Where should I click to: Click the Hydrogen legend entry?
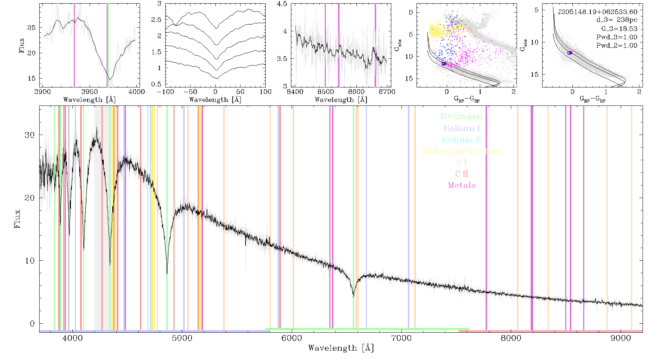tap(461, 116)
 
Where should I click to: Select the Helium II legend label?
tap(462, 140)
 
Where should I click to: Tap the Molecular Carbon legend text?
tap(462, 151)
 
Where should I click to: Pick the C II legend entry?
tap(462, 174)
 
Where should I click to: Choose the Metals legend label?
tap(462, 185)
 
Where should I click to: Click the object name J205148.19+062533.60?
tap(598, 12)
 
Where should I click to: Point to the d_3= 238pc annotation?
tap(617, 20)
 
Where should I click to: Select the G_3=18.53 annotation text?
tap(619, 28)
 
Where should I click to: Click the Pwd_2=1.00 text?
tap(617, 45)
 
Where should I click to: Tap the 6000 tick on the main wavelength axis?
tap(292, 338)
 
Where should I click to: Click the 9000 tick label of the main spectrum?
tap(621, 338)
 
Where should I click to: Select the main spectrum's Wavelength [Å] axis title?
tap(341, 348)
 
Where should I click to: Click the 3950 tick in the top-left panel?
tap(90, 91)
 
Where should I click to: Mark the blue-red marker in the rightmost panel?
tap(570, 53)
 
